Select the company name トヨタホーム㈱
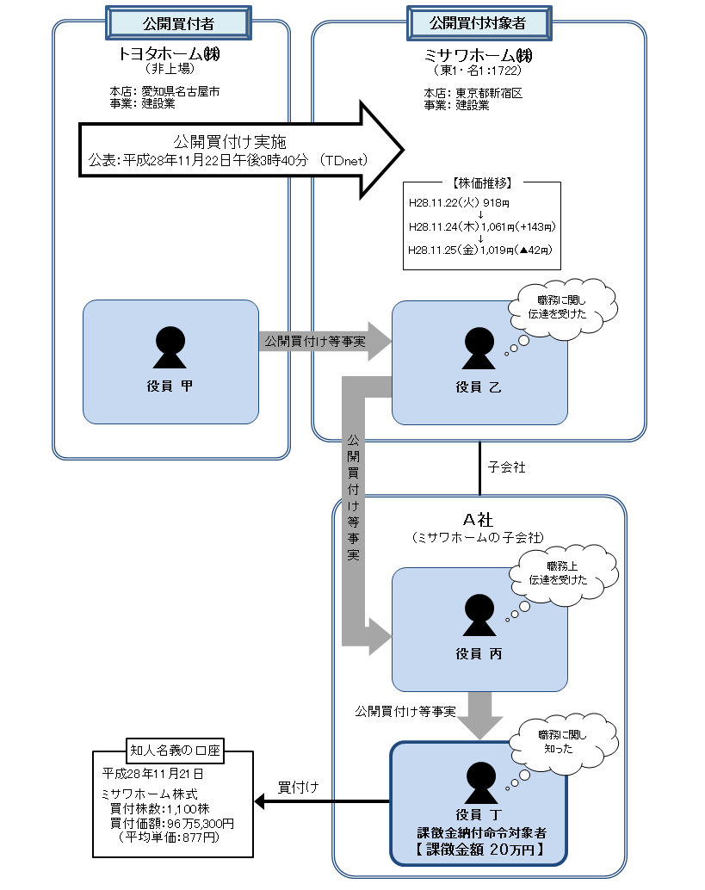[170, 53]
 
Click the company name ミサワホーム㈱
[479, 53]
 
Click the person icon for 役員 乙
[479, 349]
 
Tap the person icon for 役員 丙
[479, 615]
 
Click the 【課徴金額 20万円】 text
[479, 849]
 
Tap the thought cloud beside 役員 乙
[562, 307]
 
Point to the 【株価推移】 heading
[482, 183]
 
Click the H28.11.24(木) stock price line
[482, 227]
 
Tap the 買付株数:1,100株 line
[159, 810]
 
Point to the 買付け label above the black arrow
[298, 787]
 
